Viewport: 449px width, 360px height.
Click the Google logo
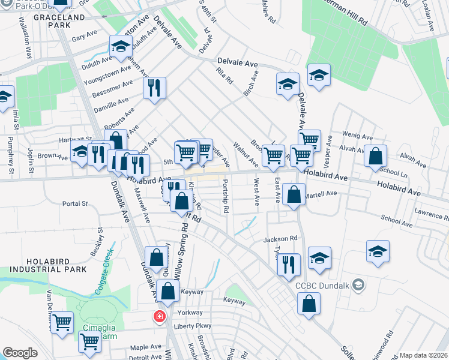tap(20, 353)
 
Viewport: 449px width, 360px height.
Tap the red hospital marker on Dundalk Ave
tap(160, 316)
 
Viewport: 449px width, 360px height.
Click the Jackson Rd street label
tap(281, 239)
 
